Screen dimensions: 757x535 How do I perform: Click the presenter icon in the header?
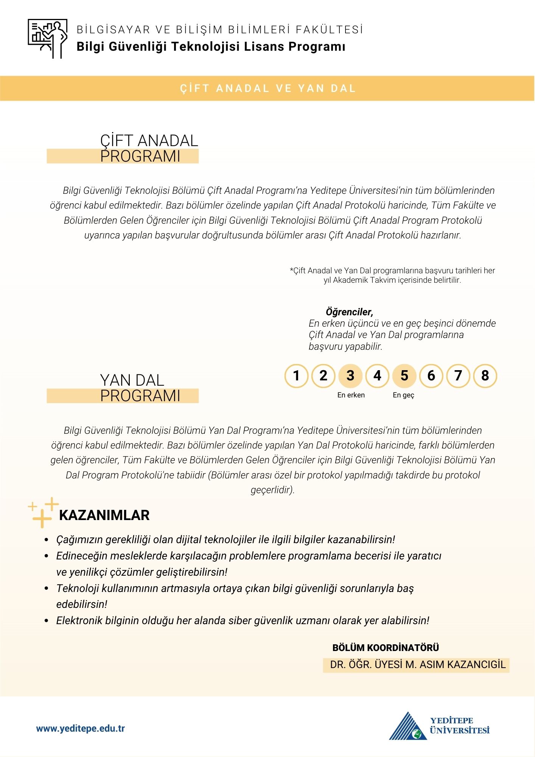pyautogui.click(x=48, y=39)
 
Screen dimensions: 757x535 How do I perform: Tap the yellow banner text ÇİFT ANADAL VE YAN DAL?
pyautogui.click(x=267, y=89)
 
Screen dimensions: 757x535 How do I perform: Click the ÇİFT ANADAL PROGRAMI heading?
pyautogui.click(x=149, y=148)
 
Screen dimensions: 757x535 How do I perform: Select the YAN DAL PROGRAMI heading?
pyautogui.click(x=140, y=388)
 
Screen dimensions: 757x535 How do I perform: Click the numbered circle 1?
pyautogui.click(x=296, y=376)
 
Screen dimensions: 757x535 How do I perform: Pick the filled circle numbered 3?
pyautogui.click(x=350, y=376)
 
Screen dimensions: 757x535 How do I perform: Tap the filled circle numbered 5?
pyautogui.click(x=404, y=376)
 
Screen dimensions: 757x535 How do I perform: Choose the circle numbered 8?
pyautogui.click(x=485, y=376)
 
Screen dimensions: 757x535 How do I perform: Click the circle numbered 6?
pyautogui.click(x=431, y=376)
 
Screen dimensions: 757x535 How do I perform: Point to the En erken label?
pyautogui.click(x=351, y=395)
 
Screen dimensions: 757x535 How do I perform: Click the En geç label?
pyautogui.click(x=403, y=395)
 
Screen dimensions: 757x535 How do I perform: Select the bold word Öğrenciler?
pyautogui.click(x=349, y=312)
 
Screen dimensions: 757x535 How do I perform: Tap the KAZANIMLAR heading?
pyautogui.click(x=104, y=516)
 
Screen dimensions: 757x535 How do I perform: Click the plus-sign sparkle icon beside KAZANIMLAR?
pyautogui.click(x=43, y=512)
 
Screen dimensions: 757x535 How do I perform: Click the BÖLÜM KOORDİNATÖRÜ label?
pyautogui.click(x=386, y=648)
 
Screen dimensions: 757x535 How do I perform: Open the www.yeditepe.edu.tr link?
pyautogui.click(x=81, y=729)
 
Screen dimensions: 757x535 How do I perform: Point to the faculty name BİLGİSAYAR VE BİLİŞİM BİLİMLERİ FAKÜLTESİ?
pyautogui.click(x=220, y=30)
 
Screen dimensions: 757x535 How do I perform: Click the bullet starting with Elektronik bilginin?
pyautogui.click(x=243, y=621)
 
